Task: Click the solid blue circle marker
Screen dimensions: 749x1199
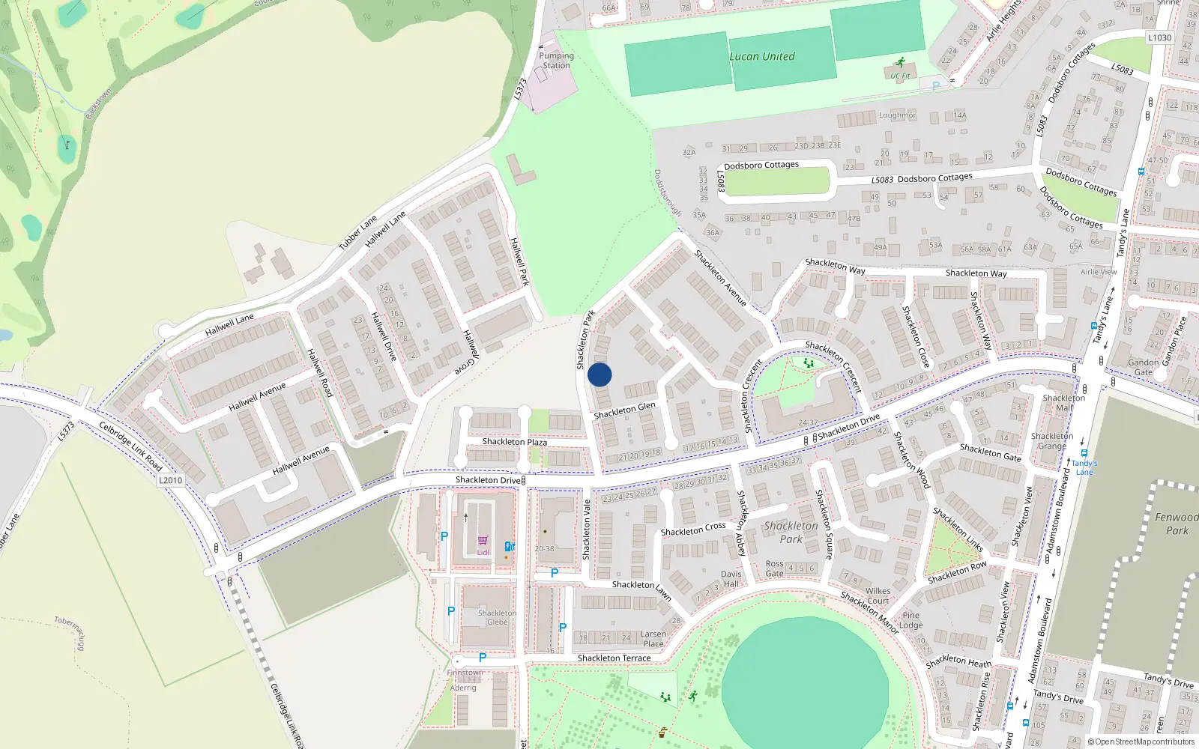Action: (x=599, y=374)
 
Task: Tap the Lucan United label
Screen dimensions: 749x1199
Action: (x=762, y=56)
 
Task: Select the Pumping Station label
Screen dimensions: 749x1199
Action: (x=556, y=61)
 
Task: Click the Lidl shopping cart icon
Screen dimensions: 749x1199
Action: (x=483, y=540)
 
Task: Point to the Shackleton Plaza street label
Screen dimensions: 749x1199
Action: (x=514, y=442)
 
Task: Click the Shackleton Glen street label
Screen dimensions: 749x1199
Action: (x=624, y=410)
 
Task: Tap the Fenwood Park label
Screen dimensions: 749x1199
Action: (x=1177, y=524)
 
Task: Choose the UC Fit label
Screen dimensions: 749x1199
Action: (x=900, y=76)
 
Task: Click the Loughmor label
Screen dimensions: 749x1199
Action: (x=897, y=115)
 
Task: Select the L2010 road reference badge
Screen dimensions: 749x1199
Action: (x=170, y=480)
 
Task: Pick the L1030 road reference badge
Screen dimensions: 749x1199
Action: (x=1159, y=37)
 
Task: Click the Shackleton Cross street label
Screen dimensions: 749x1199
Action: (x=693, y=530)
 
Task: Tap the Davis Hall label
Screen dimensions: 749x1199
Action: (x=731, y=579)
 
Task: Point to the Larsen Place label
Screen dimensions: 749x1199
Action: (x=653, y=639)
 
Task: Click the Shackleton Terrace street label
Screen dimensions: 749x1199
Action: (x=614, y=658)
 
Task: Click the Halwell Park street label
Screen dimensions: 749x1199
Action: (x=519, y=261)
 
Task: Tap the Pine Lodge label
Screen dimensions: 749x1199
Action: (x=910, y=620)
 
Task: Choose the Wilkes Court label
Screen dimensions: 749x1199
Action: (x=878, y=595)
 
